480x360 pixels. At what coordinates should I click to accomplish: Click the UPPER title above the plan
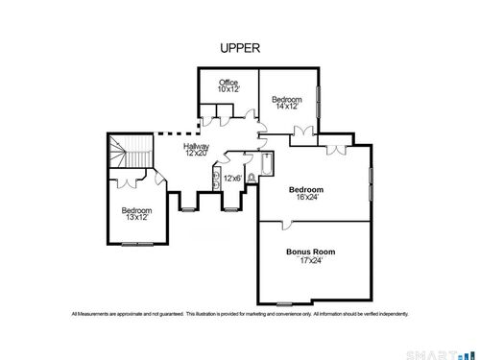240,48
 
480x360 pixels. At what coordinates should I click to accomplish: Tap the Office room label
228,83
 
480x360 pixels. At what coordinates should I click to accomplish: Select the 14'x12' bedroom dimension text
287,107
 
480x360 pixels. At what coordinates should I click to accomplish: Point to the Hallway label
196,146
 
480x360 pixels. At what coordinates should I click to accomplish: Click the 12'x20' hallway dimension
197,153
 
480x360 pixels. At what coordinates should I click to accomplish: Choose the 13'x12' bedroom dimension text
137,217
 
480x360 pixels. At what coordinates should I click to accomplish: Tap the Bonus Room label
311,252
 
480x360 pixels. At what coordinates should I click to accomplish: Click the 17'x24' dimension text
310,260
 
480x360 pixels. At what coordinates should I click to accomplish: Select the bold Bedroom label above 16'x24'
306,189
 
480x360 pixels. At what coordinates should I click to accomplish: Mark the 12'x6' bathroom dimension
232,179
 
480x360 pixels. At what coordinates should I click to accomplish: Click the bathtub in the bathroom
267,164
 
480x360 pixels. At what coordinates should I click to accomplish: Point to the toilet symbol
252,179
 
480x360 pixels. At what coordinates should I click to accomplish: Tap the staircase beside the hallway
131,151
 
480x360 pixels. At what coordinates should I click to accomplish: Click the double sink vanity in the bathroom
217,179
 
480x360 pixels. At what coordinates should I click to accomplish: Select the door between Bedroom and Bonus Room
287,225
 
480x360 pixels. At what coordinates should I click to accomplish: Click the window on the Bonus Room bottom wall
284,303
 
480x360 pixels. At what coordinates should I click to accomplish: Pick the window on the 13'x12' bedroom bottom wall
137,245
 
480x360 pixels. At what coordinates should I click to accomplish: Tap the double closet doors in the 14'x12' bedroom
303,132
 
